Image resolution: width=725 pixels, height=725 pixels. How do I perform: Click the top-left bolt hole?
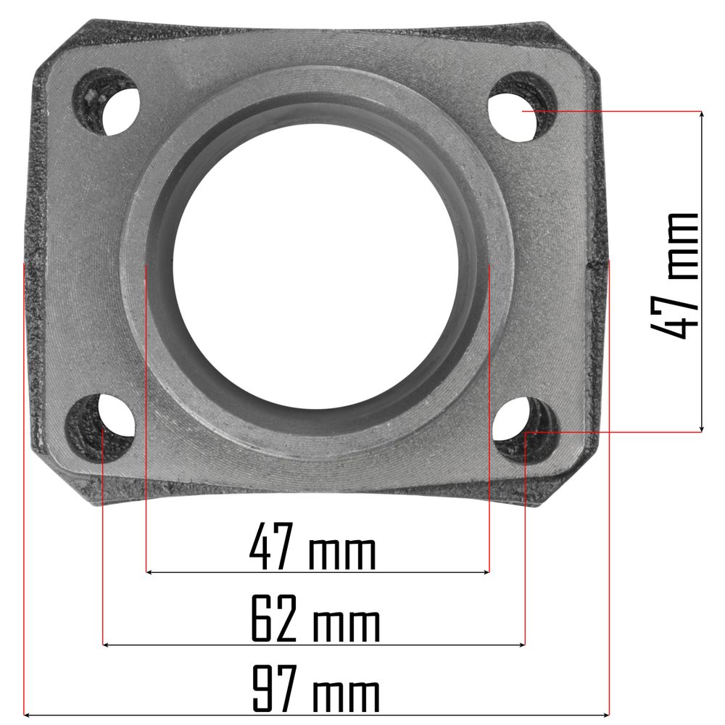click(x=106, y=102)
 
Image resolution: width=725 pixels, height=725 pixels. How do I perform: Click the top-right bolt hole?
click(x=522, y=107)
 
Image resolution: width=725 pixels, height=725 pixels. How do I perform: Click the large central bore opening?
click(x=315, y=266)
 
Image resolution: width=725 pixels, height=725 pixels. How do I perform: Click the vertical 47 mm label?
click(x=674, y=276)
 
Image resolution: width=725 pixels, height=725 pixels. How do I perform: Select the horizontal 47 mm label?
click(x=313, y=546)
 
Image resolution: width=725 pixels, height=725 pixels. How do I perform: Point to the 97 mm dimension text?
click(x=315, y=689)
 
